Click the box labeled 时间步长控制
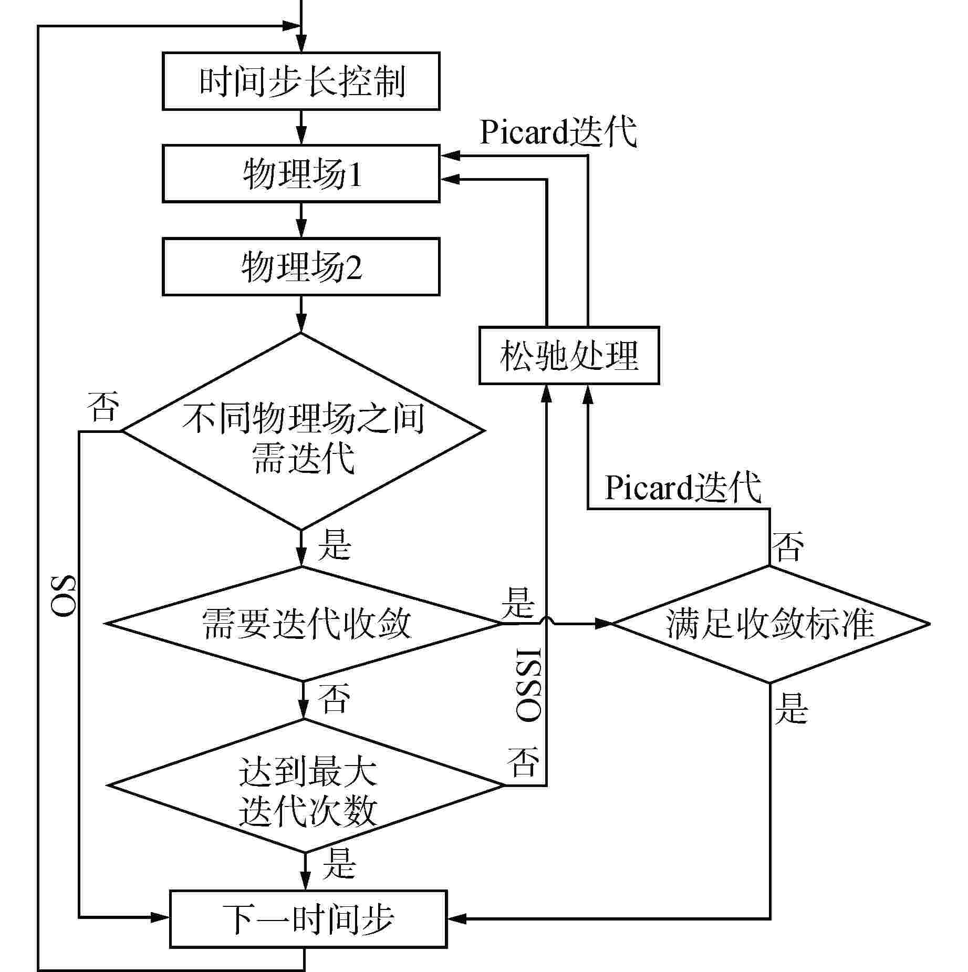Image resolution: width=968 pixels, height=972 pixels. (x=301, y=81)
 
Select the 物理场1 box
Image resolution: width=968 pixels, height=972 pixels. (x=301, y=174)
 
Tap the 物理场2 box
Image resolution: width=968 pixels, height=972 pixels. (x=301, y=266)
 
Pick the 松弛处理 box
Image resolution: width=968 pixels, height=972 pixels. (x=569, y=356)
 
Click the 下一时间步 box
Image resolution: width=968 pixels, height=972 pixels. (x=308, y=918)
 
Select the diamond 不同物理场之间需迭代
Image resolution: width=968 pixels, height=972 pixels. (x=303, y=431)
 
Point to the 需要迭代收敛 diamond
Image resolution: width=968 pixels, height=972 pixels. (x=305, y=624)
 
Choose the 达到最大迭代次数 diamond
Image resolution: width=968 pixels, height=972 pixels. (x=306, y=785)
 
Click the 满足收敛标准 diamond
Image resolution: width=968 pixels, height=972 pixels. (x=770, y=624)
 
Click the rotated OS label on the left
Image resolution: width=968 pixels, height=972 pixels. (x=64, y=596)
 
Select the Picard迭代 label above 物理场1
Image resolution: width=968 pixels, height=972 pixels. (x=558, y=131)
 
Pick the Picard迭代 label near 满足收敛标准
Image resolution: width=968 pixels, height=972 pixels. (x=683, y=487)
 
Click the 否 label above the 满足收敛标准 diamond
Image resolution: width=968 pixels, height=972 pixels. (x=787, y=546)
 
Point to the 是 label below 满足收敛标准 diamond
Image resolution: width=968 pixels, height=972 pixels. (x=790, y=708)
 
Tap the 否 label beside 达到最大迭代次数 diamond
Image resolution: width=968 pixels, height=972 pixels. (x=523, y=762)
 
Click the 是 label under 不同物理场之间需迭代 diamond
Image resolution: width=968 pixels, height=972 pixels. (x=334, y=544)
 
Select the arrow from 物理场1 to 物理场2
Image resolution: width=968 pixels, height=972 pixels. (x=301, y=220)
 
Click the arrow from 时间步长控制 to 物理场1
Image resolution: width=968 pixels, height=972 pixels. (x=301, y=127)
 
